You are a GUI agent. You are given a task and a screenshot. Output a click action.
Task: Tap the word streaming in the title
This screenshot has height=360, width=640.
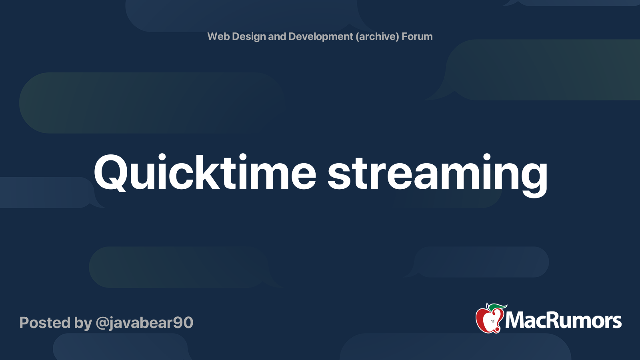tap(437, 173)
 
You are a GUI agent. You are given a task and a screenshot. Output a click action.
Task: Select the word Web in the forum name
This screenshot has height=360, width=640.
tap(218, 36)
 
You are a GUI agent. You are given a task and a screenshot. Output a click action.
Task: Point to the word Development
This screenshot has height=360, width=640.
tap(320, 36)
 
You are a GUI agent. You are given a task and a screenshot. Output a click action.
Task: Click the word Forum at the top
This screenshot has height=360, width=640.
tap(417, 36)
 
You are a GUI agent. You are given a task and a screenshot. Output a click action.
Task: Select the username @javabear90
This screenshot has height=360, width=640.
tap(144, 322)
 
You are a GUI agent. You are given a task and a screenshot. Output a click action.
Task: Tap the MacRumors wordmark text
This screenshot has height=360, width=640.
tap(563, 320)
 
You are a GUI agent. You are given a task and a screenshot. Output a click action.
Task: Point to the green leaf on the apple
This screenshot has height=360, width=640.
tap(498, 307)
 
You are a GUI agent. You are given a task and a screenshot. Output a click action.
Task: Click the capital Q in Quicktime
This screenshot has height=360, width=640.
tap(110, 172)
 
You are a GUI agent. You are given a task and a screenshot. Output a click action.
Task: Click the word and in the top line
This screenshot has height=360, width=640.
tap(277, 36)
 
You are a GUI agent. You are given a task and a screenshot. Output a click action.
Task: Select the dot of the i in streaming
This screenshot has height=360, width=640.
tap(486, 157)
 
